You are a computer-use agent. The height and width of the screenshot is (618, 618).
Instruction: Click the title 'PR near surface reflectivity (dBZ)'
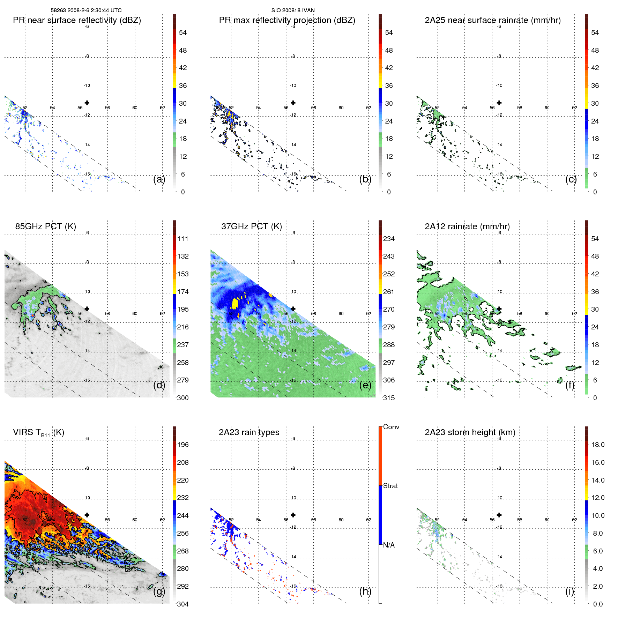(77, 20)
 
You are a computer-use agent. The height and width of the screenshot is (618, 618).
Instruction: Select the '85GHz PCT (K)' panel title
(45, 226)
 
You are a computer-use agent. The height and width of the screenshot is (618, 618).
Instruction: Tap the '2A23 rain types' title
(249, 432)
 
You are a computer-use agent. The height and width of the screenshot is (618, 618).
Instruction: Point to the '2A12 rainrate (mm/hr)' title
(467, 226)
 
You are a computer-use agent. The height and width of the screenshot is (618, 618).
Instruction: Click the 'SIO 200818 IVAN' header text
(293, 10)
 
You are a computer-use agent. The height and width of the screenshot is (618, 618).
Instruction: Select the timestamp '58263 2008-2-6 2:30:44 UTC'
(86, 10)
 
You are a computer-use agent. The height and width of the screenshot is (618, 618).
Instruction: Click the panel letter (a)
(159, 179)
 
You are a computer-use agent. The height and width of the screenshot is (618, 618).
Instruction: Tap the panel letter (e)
(365, 385)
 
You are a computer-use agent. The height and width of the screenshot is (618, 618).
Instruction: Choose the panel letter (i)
(569, 591)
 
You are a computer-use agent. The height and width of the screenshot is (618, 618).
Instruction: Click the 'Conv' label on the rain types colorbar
(391, 427)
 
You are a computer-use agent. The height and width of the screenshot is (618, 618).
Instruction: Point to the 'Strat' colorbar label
(390, 486)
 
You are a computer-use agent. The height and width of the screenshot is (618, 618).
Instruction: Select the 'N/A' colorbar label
(389, 545)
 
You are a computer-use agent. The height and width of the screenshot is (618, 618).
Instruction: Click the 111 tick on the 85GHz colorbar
(183, 239)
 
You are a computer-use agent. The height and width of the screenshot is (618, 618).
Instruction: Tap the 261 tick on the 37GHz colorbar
(389, 292)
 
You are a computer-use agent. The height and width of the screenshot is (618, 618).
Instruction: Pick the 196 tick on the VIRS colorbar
(183, 445)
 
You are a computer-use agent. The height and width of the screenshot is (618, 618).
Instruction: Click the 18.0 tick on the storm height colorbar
(597, 445)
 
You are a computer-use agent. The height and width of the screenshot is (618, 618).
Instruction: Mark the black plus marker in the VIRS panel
(87, 515)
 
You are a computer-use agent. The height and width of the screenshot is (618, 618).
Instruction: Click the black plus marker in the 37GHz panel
(293, 309)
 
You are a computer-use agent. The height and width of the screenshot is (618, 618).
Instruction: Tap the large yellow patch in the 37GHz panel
(234, 303)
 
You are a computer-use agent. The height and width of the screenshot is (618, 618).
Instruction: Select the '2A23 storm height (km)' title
(470, 432)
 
